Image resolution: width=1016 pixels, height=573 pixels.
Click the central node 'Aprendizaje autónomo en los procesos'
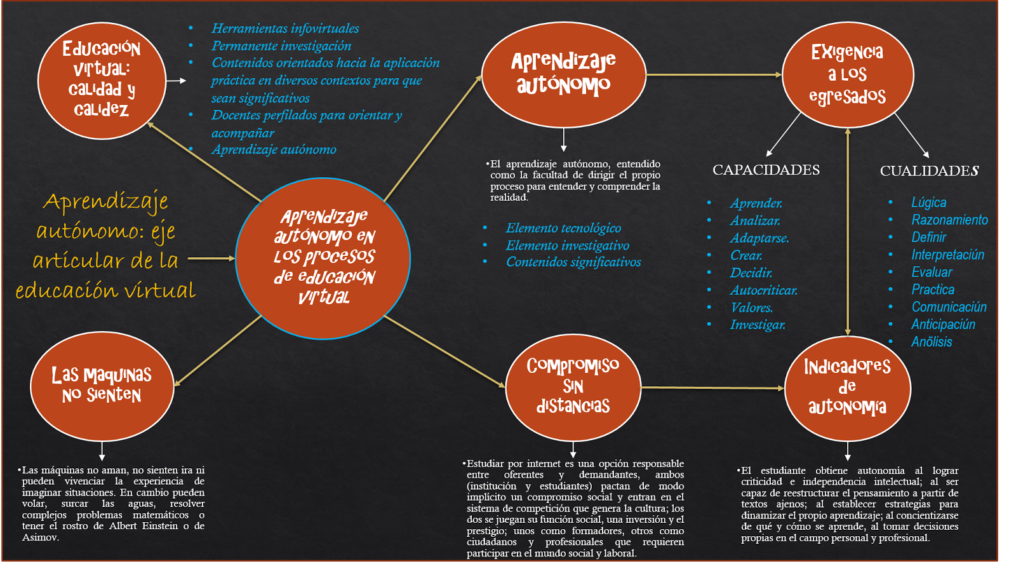tap(323, 258)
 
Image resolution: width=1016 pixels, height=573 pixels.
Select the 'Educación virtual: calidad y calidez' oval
tap(102, 80)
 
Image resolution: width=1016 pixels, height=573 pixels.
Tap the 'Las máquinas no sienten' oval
tap(102, 386)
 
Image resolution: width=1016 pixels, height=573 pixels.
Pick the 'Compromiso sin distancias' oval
tap(573, 386)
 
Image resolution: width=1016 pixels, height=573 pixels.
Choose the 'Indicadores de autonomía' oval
tap(847, 388)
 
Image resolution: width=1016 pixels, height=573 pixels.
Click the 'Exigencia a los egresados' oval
tap(847, 74)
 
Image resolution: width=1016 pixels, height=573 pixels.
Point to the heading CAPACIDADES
tap(766, 170)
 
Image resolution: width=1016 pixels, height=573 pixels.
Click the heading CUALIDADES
tap(929, 171)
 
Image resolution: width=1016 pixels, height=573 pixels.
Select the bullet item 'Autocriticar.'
tap(763, 290)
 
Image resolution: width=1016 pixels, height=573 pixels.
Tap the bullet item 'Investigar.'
tap(758, 325)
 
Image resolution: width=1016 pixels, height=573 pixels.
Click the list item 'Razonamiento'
tap(949, 220)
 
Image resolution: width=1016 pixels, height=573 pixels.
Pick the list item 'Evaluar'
tap(932, 272)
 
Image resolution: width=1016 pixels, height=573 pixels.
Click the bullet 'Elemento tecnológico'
tap(563, 228)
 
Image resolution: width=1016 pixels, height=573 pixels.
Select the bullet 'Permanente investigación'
tap(281, 46)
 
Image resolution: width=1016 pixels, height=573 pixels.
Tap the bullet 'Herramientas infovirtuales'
tap(285, 29)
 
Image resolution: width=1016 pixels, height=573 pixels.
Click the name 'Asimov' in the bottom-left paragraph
tap(40, 537)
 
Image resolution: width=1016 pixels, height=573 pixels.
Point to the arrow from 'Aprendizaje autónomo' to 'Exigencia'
tap(714, 74)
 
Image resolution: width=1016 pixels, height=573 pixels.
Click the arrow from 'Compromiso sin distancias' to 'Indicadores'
tap(712, 387)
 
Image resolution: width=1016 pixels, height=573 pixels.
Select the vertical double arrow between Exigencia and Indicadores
tap(848, 232)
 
